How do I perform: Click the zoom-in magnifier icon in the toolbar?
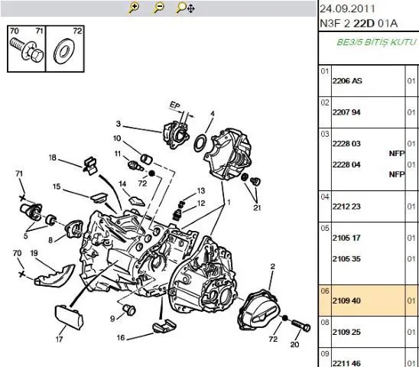[x=134, y=8]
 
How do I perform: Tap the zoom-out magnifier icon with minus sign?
[x=159, y=8]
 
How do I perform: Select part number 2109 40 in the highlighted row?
[x=346, y=300]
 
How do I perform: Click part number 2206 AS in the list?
[x=347, y=81]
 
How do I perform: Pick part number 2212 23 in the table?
[x=346, y=206]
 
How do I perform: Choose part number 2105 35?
[x=346, y=258]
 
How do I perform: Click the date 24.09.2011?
[x=347, y=9]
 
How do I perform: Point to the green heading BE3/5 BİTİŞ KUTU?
[x=377, y=42]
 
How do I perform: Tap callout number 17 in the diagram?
[x=59, y=339]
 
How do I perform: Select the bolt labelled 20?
[x=301, y=325]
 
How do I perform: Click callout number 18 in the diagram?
[x=53, y=158]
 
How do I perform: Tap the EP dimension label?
[x=175, y=106]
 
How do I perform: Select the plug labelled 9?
[x=129, y=310]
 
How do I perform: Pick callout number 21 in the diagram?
[x=257, y=208]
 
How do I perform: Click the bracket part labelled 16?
[x=164, y=326]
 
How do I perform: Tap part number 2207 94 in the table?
[x=346, y=112]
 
